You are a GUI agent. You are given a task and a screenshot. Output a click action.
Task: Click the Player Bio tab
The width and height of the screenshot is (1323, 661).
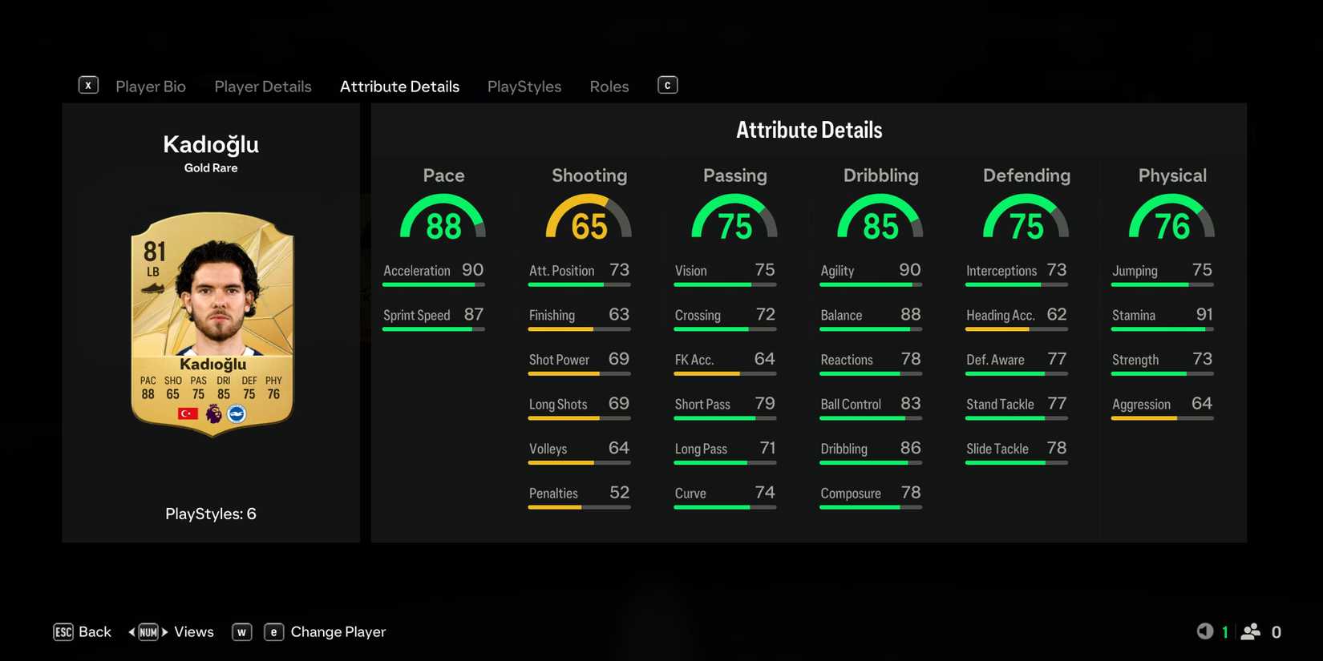(x=150, y=87)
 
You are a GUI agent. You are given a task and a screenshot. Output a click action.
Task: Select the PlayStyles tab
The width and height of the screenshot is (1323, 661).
(x=524, y=87)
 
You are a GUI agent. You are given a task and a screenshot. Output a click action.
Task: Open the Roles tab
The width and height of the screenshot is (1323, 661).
(x=609, y=87)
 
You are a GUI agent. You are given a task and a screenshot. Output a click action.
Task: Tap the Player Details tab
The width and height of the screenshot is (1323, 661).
(x=262, y=87)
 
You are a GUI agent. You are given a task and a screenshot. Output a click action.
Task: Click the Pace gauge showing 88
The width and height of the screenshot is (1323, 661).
(x=443, y=220)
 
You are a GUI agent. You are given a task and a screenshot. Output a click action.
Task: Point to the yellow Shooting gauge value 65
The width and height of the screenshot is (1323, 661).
(x=589, y=226)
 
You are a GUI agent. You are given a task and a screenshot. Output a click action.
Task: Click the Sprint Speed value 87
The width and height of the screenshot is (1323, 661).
(x=473, y=315)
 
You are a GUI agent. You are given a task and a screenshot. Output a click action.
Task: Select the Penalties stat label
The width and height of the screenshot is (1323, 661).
(x=553, y=494)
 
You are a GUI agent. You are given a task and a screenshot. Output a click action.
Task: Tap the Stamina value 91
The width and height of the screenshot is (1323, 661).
(x=1204, y=315)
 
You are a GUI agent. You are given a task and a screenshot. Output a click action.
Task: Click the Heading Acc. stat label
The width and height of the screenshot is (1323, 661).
(x=1000, y=316)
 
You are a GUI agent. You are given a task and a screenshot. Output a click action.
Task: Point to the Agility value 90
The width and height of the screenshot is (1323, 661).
(x=909, y=270)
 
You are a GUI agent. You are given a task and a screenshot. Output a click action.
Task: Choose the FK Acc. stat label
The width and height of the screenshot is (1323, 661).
(x=694, y=360)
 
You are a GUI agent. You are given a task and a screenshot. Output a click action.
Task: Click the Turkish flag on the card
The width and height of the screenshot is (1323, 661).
(x=188, y=413)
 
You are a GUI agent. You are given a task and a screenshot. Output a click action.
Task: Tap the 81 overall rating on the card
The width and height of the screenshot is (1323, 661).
(x=154, y=252)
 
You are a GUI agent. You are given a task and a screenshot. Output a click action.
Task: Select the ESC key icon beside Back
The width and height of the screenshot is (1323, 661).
(x=63, y=632)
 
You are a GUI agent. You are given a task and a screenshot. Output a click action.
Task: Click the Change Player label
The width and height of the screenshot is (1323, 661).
(x=338, y=632)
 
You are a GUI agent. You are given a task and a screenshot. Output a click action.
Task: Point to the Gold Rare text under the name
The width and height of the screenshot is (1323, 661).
(x=211, y=168)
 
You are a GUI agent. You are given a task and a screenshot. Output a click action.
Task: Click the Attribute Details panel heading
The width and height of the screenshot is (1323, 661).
(x=808, y=131)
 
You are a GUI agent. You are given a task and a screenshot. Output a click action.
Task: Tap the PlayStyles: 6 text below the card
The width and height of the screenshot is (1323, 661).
(x=211, y=514)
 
